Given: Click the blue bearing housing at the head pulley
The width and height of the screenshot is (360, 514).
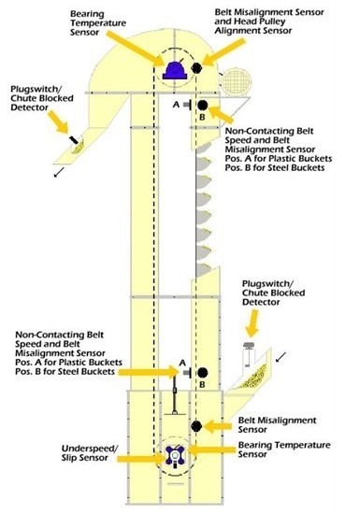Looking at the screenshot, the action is [175, 71].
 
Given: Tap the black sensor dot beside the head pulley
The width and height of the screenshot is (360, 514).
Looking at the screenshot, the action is [196, 67].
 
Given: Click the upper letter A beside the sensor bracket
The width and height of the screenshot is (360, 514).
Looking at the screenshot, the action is [176, 105].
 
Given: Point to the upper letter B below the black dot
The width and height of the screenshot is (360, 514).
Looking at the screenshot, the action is [202, 117].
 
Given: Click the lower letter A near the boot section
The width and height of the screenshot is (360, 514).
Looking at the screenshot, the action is [182, 363].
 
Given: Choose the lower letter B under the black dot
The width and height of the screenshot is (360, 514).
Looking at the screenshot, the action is [202, 384].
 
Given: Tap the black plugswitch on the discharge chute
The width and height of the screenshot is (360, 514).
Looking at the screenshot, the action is [74, 139].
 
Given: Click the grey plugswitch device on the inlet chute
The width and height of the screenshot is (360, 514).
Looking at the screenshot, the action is [249, 354].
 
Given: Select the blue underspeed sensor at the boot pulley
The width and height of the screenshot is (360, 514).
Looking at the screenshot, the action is [175, 455].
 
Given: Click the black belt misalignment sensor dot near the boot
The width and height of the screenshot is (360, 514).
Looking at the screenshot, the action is [196, 426].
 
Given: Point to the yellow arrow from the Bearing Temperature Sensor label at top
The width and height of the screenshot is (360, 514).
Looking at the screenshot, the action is [134, 49].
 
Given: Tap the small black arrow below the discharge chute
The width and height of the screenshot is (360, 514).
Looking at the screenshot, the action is [59, 172].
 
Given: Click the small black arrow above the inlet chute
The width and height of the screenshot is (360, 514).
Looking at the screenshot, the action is [281, 357].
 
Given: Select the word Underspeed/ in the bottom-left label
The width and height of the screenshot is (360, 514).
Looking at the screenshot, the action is [90, 449].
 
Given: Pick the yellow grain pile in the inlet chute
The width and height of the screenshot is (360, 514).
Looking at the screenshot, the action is [253, 377].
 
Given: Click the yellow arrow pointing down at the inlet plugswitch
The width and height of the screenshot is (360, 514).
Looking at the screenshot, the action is [252, 323].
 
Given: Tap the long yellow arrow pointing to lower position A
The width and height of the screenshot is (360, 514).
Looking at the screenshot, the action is [149, 372].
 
